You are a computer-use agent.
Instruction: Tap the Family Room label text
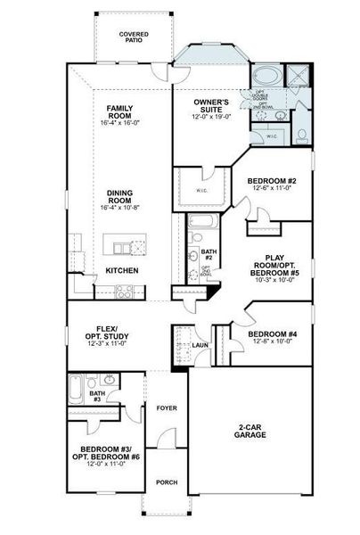(119, 112)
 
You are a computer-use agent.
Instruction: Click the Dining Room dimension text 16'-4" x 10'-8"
(119, 208)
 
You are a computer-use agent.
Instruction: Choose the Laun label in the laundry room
(200, 344)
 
